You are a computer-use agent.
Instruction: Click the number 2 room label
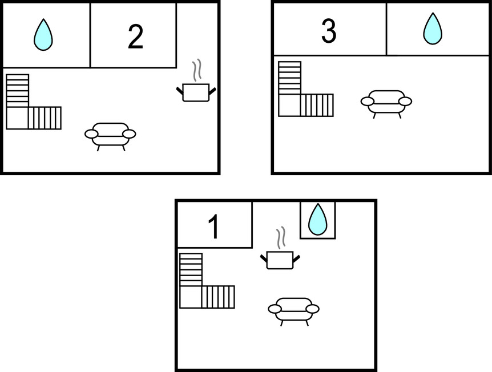[x=135, y=37]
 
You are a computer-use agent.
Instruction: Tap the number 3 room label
[x=329, y=31]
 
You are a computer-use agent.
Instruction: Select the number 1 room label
[x=214, y=227]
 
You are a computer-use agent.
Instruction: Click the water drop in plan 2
[x=43, y=34]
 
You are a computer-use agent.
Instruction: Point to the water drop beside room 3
[x=433, y=29]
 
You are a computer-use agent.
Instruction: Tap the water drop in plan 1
[x=318, y=219]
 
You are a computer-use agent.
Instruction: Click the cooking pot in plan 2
[x=196, y=92]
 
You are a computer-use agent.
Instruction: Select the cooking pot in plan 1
[x=280, y=260]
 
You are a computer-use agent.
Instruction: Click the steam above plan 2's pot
[x=197, y=70]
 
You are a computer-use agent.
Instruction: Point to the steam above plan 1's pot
[x=281, y=237]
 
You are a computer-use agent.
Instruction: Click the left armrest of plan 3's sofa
[x=367, y=102]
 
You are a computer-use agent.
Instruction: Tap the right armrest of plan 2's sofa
[x=129, y=134]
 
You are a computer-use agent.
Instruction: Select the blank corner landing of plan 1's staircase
[x=191, y=297]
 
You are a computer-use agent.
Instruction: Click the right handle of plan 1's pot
[x=297, y=258]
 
